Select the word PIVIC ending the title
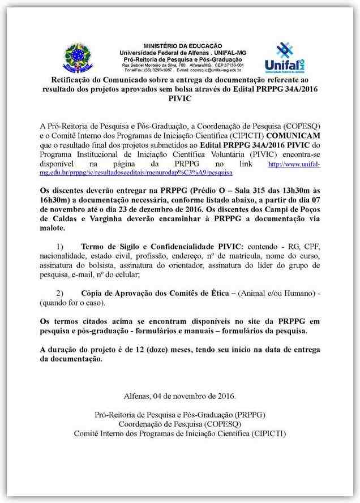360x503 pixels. [180, 98]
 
